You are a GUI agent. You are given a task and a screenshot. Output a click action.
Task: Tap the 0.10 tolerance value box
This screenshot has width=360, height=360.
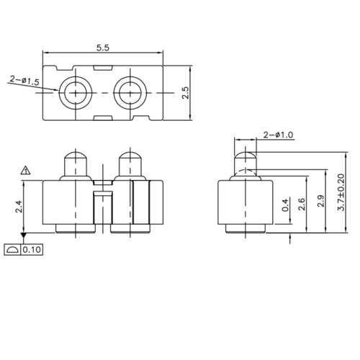pyautogui.click(x=32, y=250)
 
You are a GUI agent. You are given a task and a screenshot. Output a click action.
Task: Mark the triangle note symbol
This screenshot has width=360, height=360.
pyautogui.click(x=25, y=171)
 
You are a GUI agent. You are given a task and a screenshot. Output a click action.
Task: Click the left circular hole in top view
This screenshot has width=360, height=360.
pyautogui.click(x=75, y=93)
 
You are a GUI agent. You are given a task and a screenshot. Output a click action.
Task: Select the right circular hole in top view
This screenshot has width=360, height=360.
pyautogui.click(x=131, y=93)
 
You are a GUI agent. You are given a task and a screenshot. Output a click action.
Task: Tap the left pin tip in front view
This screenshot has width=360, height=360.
pyautogui.click(x=75, y=157)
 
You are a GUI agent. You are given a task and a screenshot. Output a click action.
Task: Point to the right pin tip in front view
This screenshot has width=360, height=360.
pyautogui.click(x=130, y=157)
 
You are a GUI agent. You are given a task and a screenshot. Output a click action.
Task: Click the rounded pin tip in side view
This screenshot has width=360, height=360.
pyautogui.click(x=246, y=156)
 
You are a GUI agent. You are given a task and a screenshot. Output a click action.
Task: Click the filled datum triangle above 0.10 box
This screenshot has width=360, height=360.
pyautogui.click(x=24, y=235)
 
